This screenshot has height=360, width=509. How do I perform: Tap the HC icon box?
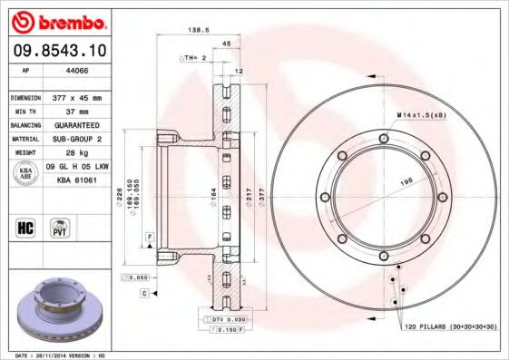[x=25, y=228]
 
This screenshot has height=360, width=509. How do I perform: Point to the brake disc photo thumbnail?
[x=57, y=313]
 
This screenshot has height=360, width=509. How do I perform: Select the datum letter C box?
[x=144, y=295]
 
